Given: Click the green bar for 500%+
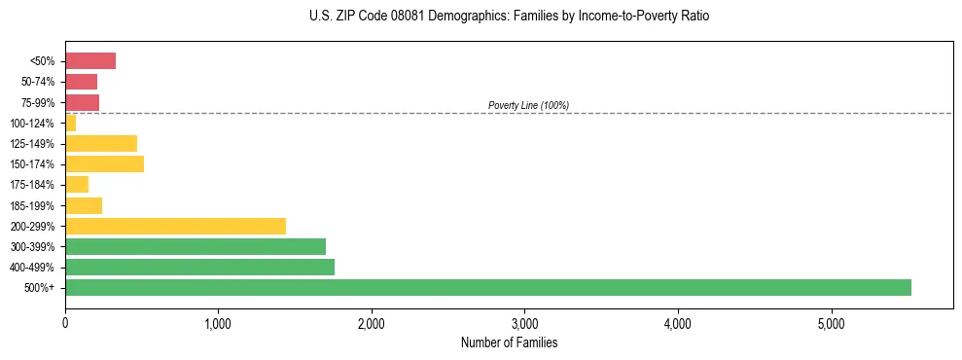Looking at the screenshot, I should [487, 287].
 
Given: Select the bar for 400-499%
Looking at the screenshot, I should [199, 267].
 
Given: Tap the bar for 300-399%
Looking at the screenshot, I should [195, 246].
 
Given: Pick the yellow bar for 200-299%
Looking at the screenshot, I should [175, 226].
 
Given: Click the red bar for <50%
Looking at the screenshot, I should [90, 61].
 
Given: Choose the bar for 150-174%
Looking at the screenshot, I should [104, 163].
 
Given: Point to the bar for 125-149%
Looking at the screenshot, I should [101, 143].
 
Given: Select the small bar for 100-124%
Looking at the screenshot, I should [70, 123].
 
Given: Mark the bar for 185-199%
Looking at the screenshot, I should [84, 205].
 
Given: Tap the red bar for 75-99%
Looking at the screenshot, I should [82, 102].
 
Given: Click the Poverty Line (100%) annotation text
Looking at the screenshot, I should [528, 105].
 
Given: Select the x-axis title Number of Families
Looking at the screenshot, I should [509, 342].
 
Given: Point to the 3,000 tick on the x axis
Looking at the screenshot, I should [524, 323].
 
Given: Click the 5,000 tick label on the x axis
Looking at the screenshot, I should [831, 323].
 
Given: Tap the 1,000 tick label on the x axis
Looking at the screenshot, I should [218, 323].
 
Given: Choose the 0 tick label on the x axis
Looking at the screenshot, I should [65, 323].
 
